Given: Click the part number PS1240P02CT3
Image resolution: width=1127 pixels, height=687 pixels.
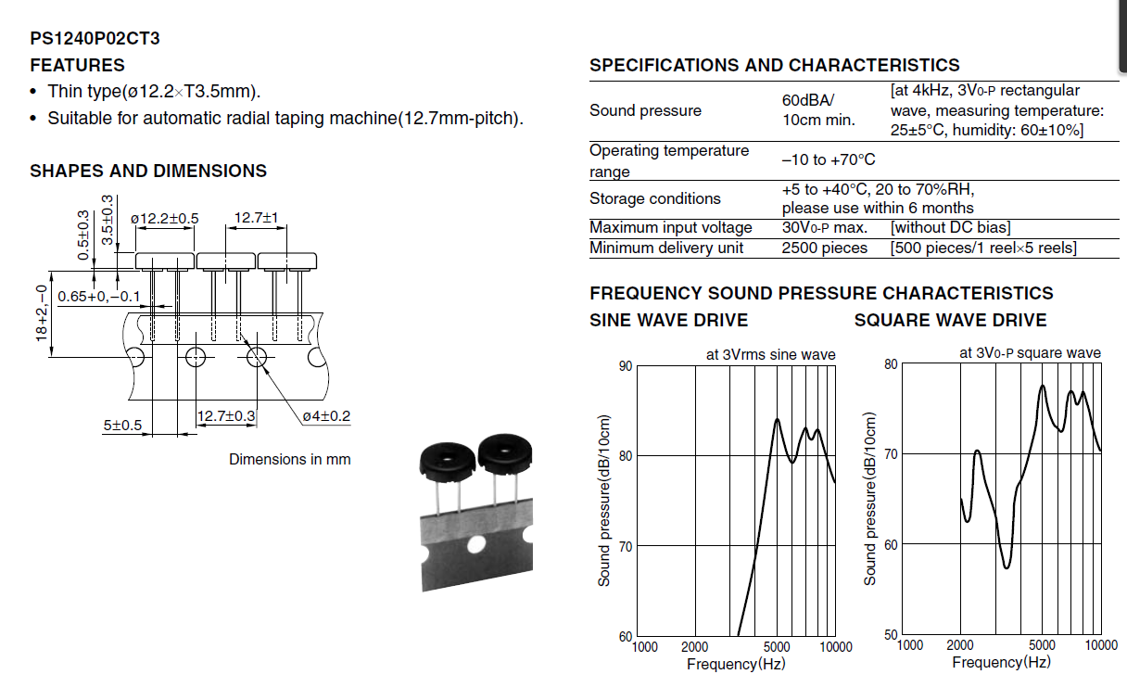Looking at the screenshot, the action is (95, 39).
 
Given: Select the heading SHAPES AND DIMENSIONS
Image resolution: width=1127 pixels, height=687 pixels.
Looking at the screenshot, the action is (148, 172).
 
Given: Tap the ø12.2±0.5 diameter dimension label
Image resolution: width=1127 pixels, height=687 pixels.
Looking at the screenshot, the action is (165, 219).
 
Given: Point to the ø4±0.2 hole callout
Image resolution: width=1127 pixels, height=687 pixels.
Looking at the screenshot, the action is (326, 416).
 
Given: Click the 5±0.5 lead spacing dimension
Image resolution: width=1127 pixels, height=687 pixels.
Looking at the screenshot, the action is (122, 426).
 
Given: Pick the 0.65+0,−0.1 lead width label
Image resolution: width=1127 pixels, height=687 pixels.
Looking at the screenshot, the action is (98, 297).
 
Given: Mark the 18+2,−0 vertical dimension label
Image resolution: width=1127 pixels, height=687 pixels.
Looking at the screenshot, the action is (42, 313).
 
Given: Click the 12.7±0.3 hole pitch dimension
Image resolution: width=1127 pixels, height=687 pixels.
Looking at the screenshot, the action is (226, 416).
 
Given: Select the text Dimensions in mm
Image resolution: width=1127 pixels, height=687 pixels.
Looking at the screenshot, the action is (290, 460).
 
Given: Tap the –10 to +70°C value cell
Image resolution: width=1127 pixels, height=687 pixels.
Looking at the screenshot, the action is (829, 160).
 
